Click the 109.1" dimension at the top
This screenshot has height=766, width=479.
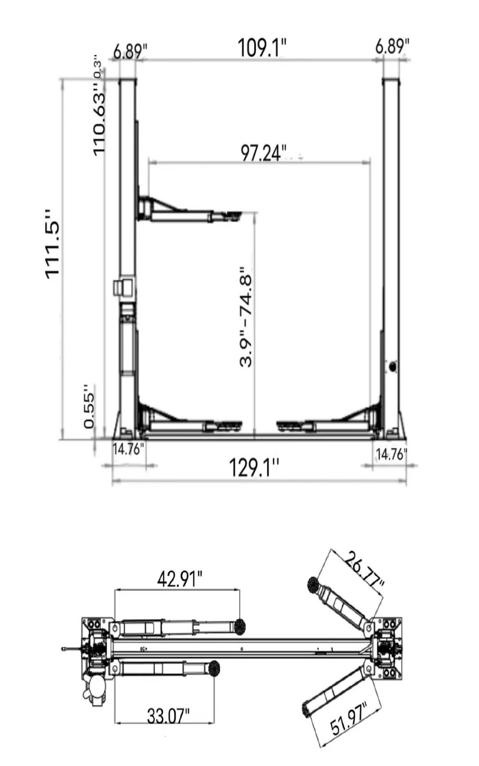[x=262, y=48]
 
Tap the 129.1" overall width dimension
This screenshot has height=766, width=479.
[x=255, y=467]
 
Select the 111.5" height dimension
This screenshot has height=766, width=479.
[x=53, y=244]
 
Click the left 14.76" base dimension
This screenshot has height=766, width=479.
[x=129, y=450]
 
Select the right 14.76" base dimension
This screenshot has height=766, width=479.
[x=391, y=454]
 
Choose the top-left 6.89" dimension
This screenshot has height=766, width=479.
[x=130, y=52]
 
